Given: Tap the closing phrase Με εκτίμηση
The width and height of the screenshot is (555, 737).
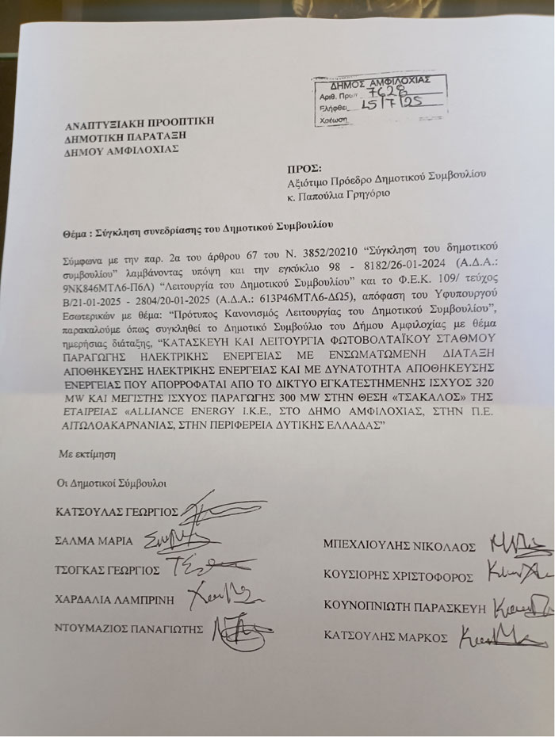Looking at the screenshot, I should [x=82, y=457].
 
